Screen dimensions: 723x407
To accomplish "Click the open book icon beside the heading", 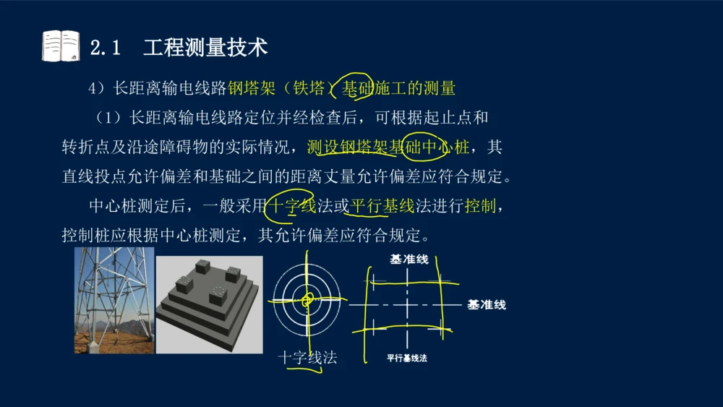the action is [x=61, y=46].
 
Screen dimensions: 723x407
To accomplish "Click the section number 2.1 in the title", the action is [x=105, y=48].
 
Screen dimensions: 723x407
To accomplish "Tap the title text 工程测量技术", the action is [x=205, y=48].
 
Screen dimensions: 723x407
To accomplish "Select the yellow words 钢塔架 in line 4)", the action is [x=252, y=88].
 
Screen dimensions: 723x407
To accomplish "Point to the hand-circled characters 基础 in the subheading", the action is [x=357, y=88].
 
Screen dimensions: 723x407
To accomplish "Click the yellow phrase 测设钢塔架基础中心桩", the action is [x=388, y=147].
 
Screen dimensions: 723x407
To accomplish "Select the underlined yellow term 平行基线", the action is [x=382, y=205].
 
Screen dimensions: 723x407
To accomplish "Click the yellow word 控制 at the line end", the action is [x=481, y=205].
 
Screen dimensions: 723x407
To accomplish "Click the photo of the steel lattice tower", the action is [x=114, y=301].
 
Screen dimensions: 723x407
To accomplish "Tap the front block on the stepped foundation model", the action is [x=218, y=295].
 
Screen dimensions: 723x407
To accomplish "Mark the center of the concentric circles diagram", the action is [x=307, y=300].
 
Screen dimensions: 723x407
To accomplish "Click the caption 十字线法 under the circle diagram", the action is [x=307, y=358].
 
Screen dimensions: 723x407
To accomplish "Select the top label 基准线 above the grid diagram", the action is [x=409, y=260].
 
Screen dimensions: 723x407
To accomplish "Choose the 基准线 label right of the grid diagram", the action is [x=487, y=304].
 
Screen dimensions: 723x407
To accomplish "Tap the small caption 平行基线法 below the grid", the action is [x=406, y=358].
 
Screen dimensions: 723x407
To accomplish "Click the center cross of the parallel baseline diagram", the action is [x=407, y=304].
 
